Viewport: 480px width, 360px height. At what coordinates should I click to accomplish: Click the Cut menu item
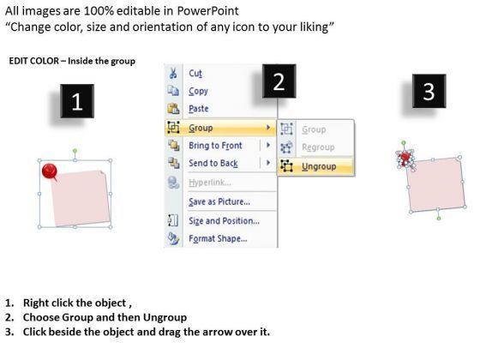click(195, 74)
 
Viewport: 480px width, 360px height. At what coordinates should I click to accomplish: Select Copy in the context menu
click(198, 91)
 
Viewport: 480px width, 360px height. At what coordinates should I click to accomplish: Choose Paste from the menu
click(199, 109)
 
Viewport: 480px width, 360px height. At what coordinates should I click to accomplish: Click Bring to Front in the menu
click(215, 146)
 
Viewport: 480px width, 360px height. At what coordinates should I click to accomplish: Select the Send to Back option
click(213, 163)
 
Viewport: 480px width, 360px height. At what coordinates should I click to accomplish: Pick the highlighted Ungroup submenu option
click(319, 166)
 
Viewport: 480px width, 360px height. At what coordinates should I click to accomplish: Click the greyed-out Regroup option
click(318, 147)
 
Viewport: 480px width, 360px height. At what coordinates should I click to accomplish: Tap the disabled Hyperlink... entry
click(209, 183)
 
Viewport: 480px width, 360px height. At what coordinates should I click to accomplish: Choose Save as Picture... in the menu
click(219, 201)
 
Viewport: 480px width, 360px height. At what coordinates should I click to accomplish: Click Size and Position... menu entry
click(224, 221)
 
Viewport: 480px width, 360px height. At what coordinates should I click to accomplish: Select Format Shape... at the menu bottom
click(218, 238)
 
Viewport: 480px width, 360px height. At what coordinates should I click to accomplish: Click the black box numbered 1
click(77, 101)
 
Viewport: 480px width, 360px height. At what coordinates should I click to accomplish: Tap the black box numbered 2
click(279, 81)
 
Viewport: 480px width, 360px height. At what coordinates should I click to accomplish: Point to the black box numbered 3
click(429, 91)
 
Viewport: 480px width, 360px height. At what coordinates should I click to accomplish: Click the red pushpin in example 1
click(50, 171)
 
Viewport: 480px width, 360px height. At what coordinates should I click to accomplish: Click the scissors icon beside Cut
click(173, 74)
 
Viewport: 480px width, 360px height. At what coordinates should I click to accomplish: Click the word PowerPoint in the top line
click(207, 11)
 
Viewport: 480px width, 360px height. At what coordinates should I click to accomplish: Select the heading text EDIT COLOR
click(33, 61)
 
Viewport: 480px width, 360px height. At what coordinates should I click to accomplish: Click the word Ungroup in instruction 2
click(165, 317)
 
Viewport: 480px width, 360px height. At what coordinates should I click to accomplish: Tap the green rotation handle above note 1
click(75, 151)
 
